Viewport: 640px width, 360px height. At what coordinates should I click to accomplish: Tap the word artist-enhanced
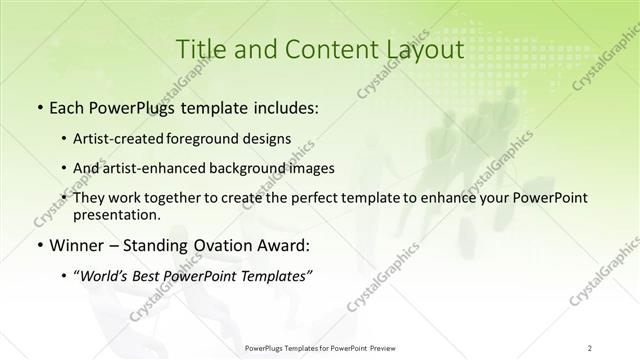[x=174, y=168]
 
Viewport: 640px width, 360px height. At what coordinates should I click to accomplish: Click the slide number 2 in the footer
[x=590, y=347]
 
